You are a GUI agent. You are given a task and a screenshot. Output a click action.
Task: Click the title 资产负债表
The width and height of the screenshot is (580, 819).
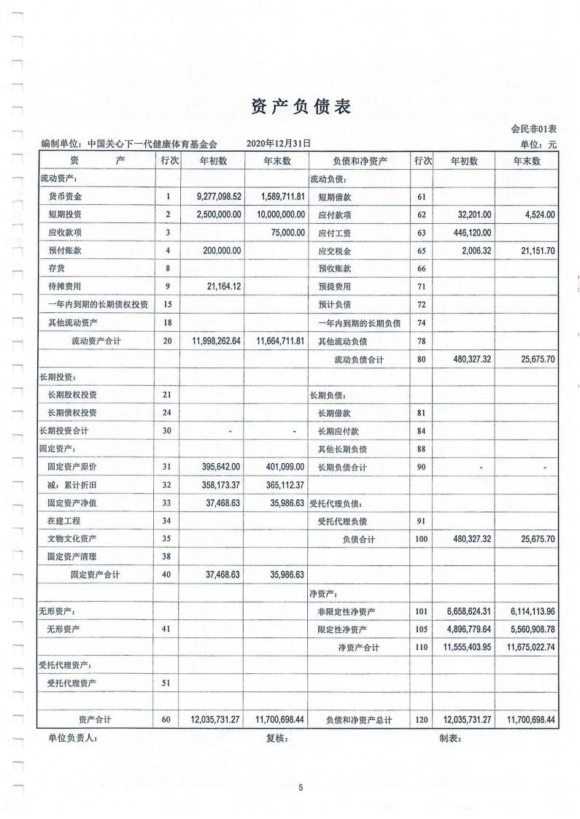(x=301, y=107)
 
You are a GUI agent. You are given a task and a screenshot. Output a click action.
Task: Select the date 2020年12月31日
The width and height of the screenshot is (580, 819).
(x=279, y=144)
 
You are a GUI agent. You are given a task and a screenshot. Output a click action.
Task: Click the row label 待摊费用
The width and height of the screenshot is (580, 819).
(x=65, y=286)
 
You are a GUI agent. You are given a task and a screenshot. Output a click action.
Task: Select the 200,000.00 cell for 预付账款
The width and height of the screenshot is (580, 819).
(x=219, y=250)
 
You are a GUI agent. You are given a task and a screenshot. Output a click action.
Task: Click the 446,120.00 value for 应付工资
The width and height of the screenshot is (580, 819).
(x=467, y=233)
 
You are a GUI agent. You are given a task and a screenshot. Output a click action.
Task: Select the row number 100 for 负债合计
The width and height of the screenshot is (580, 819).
(x=421, y=538)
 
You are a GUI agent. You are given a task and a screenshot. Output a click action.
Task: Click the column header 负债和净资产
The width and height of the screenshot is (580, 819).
(x=359, y=161)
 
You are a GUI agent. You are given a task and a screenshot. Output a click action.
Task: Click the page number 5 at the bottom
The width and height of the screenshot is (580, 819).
(x=300, y=787)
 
